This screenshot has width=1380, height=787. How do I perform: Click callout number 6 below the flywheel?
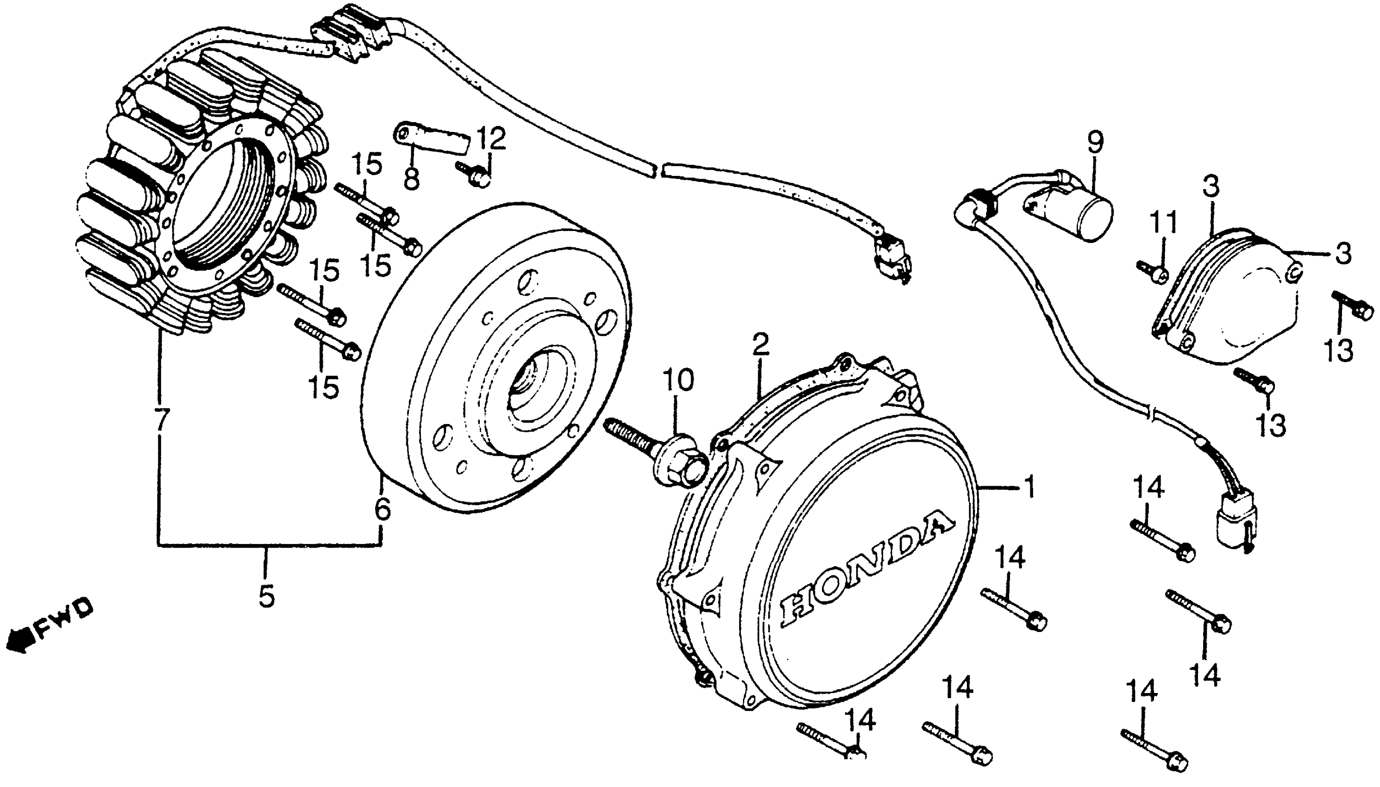[382, 510]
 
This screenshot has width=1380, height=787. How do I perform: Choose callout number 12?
[491, 138]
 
